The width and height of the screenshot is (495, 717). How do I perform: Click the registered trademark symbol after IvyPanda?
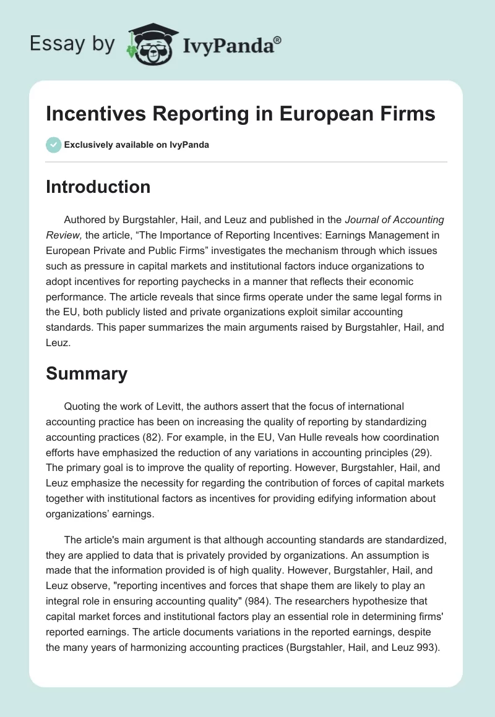[x=277, y=40]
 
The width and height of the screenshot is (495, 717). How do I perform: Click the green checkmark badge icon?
[x=53, y=145]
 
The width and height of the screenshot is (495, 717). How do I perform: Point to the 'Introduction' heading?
[x=98, y=187]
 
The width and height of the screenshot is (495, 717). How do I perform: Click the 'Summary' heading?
[x=87, y=373]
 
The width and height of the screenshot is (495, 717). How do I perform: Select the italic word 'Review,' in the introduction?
[x=64, y=235]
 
